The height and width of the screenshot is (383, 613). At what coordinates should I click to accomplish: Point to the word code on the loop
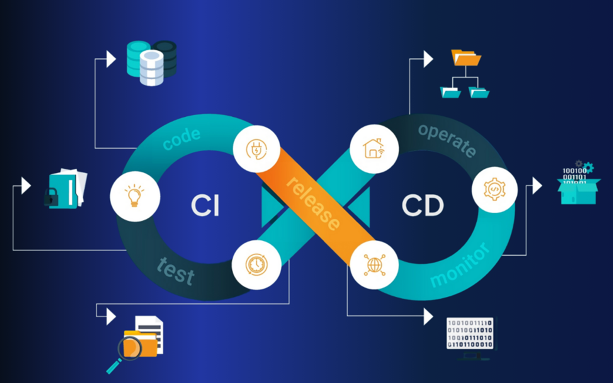(x=182, y=139)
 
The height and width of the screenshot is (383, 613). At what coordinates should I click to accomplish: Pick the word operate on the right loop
(x=447, y=140)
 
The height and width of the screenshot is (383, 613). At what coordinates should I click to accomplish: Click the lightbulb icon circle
(x=134, y=196)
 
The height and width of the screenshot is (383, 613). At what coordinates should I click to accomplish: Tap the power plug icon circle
(x=257, y=149)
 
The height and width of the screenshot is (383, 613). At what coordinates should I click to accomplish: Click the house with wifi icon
(x=374, y=148)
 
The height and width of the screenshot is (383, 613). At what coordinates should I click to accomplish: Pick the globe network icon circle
(x=374, y=265)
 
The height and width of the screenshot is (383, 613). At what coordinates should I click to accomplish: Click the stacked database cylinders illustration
(x=151, y=62)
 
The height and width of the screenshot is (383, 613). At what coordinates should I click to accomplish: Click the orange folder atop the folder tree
(x=466, y=58)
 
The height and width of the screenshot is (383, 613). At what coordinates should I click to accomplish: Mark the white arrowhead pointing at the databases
(x=111, y=59)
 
